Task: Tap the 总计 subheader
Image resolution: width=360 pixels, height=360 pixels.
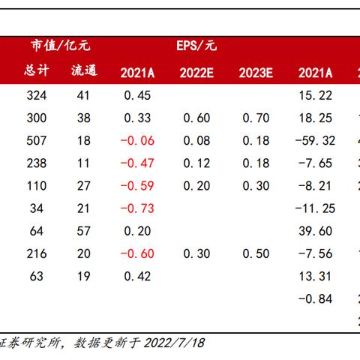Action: click(36, 71)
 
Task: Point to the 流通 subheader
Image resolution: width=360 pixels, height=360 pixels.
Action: click(83, 71)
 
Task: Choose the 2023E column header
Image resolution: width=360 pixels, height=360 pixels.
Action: click(254, 72)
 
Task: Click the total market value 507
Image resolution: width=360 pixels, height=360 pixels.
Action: click(36, 140)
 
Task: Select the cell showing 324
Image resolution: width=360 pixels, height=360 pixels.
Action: click(36, 95)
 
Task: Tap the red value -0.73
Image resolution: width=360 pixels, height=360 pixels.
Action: click(136, 208)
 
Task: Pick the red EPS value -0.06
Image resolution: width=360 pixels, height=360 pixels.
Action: click(136, 140)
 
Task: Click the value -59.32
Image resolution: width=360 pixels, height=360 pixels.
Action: click(315, 140)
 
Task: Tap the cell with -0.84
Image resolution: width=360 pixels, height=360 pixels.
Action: click(315, 299)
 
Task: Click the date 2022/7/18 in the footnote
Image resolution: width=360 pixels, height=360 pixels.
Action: click(178, 343)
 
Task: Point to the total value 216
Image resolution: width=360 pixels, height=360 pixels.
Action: click(36, 253)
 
